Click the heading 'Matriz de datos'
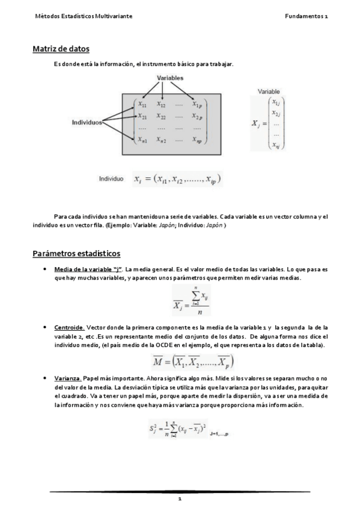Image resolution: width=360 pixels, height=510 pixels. tap(61, 49)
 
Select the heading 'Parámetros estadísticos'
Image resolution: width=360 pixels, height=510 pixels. tap(76, 253)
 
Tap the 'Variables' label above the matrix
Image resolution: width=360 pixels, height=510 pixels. tap(170, 78)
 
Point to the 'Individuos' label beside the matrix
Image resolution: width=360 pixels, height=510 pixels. tap(87, 122)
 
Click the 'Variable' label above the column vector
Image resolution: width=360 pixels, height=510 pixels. tap(269, 91)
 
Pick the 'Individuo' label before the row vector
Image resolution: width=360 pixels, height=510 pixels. tap(111, 179)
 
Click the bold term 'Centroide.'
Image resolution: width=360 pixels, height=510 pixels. tap(69, 327)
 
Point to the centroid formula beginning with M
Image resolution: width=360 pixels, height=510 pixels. tap(192, 361)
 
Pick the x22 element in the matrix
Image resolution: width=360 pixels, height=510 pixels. tap(161, 116)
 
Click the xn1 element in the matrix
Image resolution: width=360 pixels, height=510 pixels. tap(142, 140)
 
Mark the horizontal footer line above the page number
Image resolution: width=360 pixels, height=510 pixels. tap(180, 491)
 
